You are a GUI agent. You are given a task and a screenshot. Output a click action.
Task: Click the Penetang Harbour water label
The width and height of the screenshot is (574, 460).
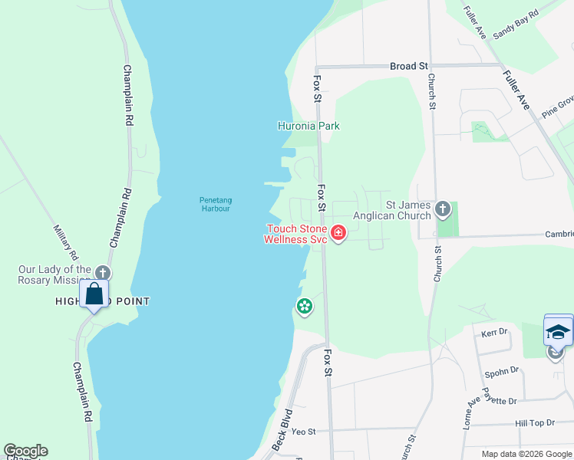click(x=216, y=204)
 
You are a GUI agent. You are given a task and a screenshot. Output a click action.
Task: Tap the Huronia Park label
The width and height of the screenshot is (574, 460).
click(x=308, y=126)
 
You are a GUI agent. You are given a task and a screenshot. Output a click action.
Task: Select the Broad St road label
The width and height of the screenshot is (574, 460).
click(x=408, y=67)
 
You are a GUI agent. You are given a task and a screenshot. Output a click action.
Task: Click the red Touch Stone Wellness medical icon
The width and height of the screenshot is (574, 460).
click(x=338, y=232)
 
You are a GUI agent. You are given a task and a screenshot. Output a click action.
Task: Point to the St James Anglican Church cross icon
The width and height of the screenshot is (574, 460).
click(x=442, y=209)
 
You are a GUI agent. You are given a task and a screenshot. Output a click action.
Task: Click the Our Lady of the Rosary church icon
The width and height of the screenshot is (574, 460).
click(x=102, y=273)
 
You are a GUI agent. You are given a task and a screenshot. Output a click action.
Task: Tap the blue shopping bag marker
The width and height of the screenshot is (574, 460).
click(x=94, y=295)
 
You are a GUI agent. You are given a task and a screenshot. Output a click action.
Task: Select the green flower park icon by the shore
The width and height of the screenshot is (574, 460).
click(x=305, y=307)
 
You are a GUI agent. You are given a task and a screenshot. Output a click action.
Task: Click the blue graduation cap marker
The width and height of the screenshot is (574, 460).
click(x=558, y=331)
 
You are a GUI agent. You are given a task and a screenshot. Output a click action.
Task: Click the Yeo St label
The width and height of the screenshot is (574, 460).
click(x=304, y=432)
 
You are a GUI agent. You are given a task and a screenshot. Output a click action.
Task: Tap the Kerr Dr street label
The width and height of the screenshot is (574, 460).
click(x=495, y=332)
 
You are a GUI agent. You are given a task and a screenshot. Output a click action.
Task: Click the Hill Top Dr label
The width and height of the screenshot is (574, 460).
click(x=534, y=422)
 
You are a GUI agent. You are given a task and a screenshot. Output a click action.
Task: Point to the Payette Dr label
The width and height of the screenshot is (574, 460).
click(x=501, y=400)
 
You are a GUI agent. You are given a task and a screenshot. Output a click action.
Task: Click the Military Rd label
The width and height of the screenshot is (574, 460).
click(x=66, y=241)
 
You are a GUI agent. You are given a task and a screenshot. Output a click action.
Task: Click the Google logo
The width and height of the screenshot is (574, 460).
click(x=25, y=451)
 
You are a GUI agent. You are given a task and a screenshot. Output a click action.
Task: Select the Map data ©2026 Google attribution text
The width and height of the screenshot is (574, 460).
click(x=526, y=454)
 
